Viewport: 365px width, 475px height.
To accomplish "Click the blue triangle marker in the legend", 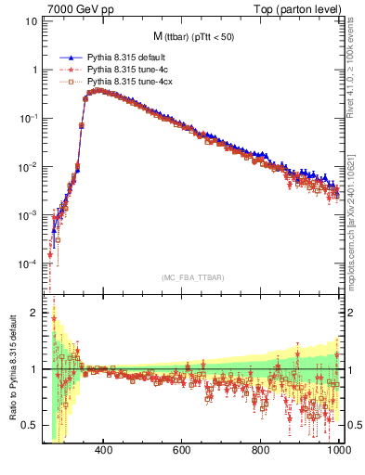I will (70, 58).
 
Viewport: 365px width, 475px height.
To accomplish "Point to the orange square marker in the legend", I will (70, 83).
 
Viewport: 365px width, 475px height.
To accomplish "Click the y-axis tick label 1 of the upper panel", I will (34, 70).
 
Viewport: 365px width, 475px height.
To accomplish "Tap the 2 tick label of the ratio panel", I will (34, 313).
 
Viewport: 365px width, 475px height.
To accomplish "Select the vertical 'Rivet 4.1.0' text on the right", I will (355, 74).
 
